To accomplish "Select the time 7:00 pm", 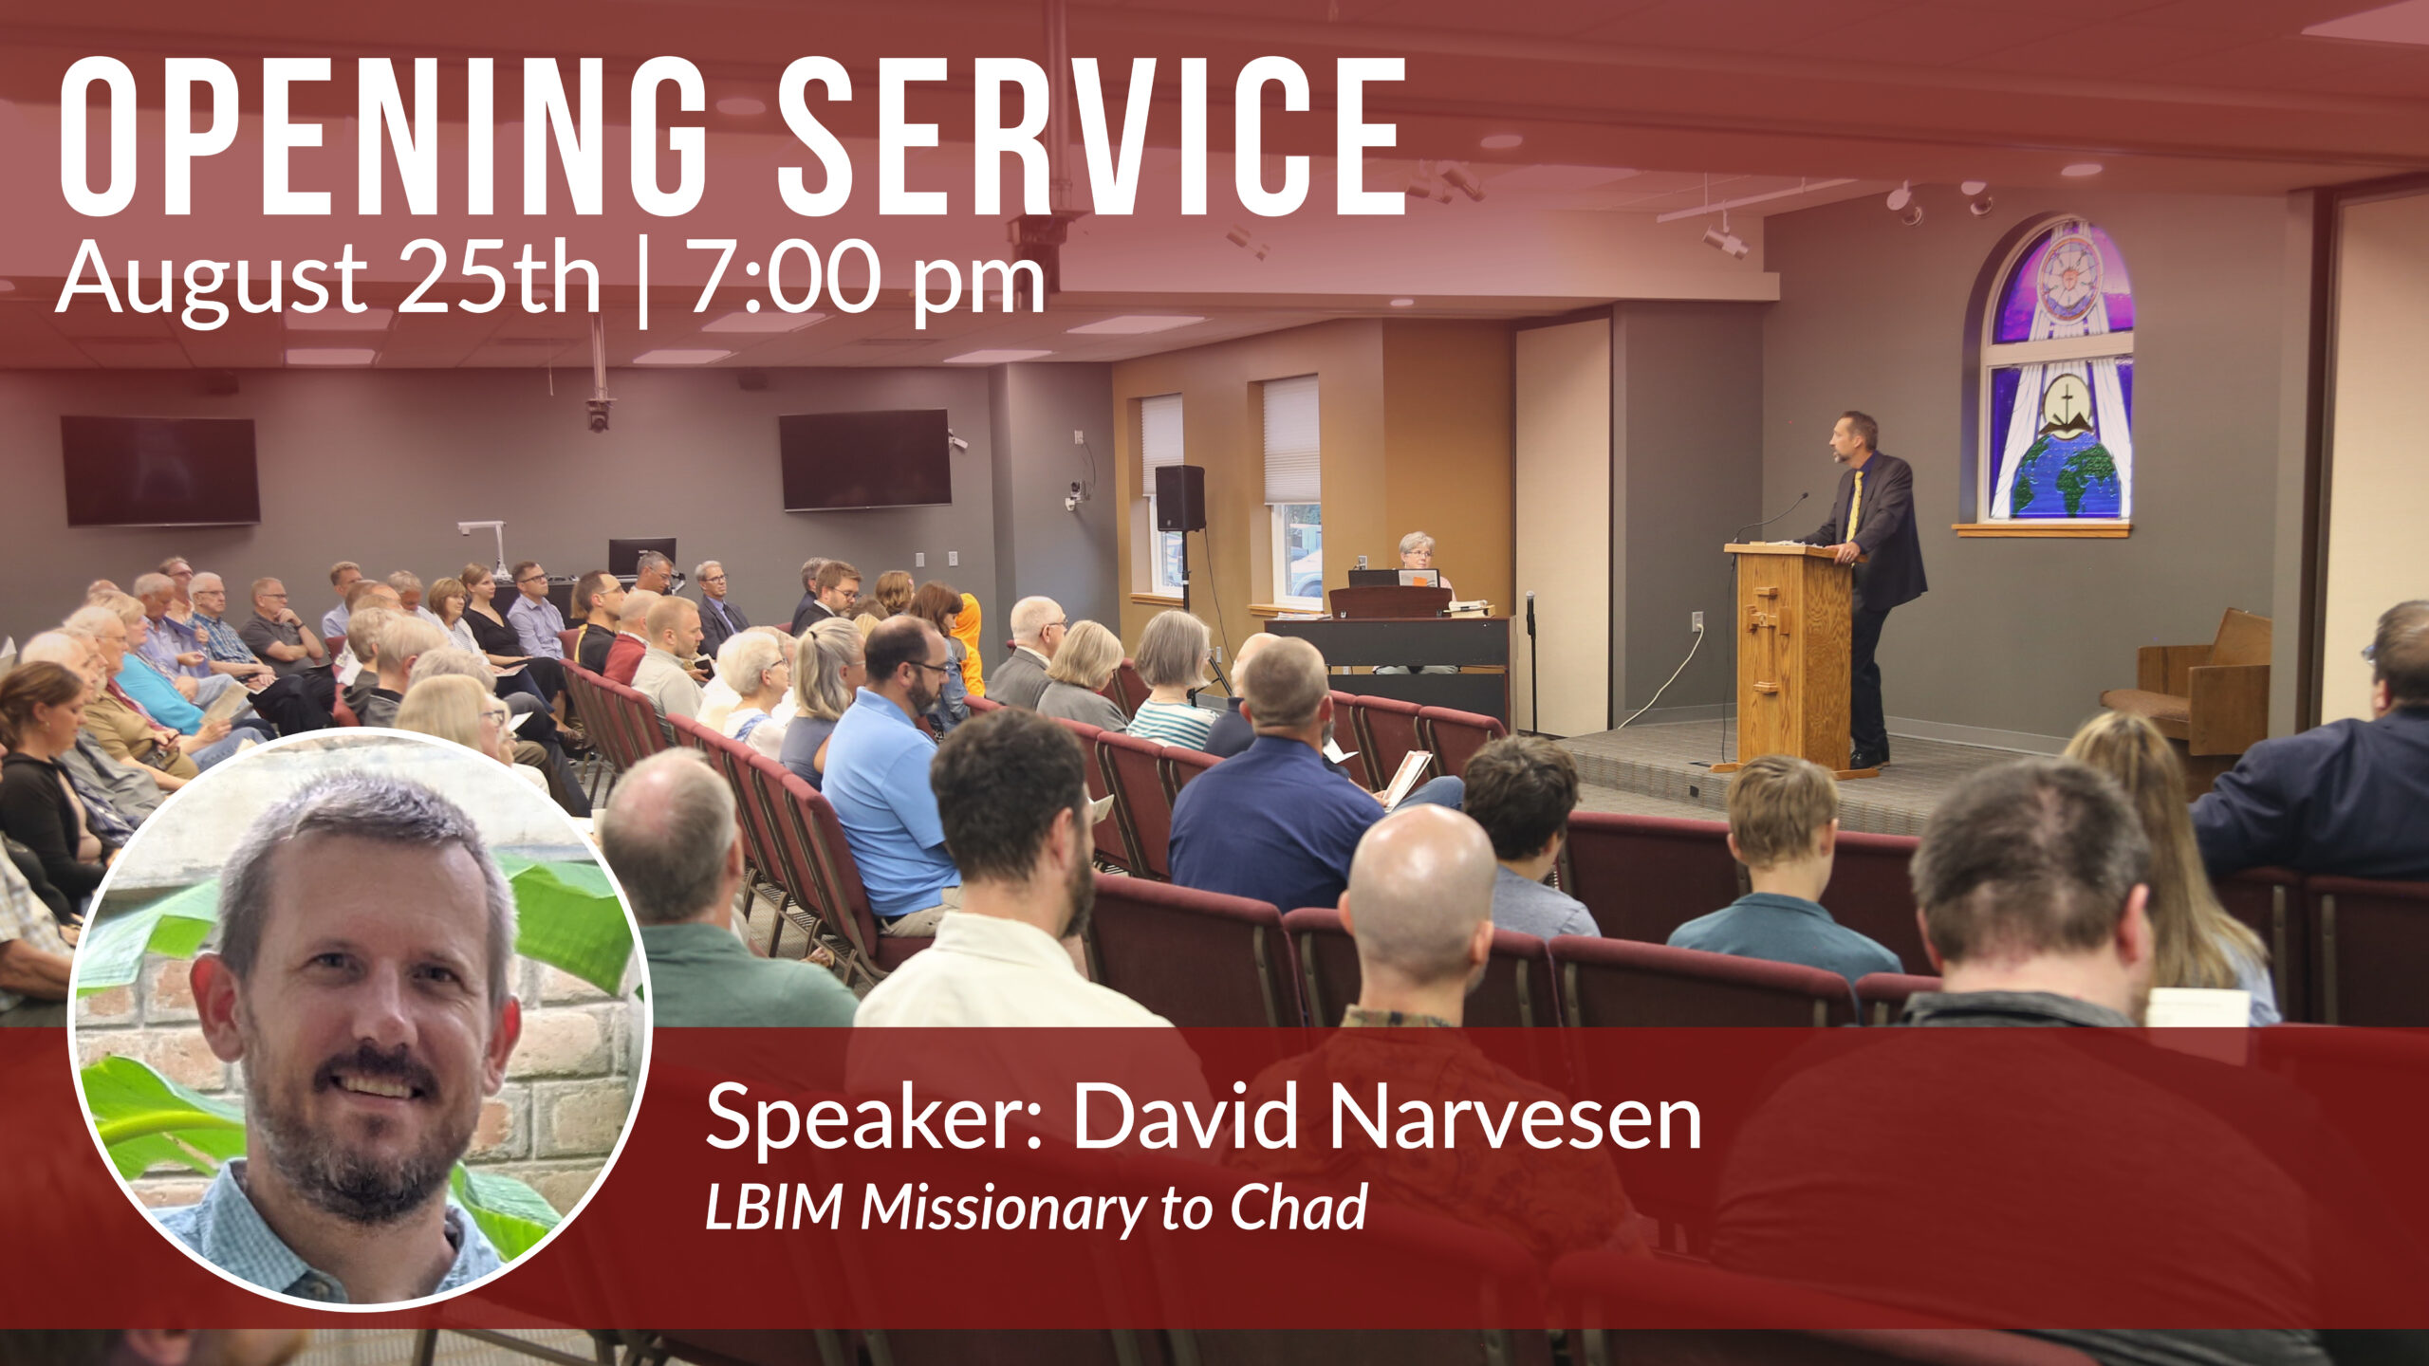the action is [x=867, y=277].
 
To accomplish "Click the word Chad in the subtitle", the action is [x=1299, y=1208].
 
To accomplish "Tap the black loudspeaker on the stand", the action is [x=1179, y=498].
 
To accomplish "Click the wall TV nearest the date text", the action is [x=160, y=471].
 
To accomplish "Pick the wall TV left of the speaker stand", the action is [x=865, y=460].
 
